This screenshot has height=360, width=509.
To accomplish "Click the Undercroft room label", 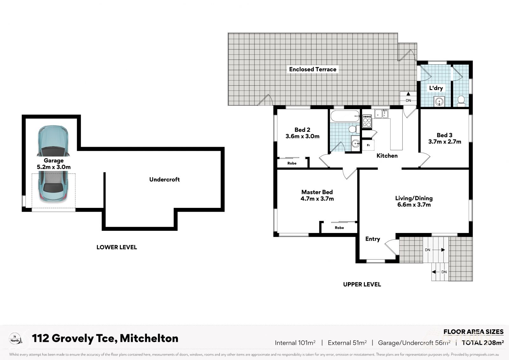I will pyautogui.click(x=164, y=180).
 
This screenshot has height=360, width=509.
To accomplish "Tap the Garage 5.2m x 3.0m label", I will pyautogui.click(x=54, y=164).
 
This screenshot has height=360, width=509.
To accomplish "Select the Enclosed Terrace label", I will pyautogui.click(x=312, y=69).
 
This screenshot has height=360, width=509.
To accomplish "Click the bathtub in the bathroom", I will pyautogui.click(x=345, y=116).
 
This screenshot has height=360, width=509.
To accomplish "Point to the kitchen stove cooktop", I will pyautogui.click(x=367, y=121).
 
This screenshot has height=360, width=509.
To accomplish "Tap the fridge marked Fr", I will pyautogui.click(x=368, y=145).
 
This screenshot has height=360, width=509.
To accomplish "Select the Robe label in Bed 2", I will pyautogui.click(x=292, y=163).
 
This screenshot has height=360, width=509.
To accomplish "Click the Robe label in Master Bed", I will pyautogui.click(x=339, y=228).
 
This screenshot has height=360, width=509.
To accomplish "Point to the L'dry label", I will pyautogui.click(x=436, y=88).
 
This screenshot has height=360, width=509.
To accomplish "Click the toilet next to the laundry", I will pyautogui.click(x=461, y=101).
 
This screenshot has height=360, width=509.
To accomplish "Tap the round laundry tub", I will pyautogui.click(x=439, y=102).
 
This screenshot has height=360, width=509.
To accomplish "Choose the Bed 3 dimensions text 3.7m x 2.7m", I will pyautogui.click(x=444, y=142).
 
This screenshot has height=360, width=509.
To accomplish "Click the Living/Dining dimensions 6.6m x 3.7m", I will pyautogui.click(x=414, y=205).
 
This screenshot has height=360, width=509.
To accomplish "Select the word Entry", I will pyautogui.click(x=373, y=239).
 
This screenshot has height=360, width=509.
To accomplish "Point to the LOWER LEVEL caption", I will pyautogui.click(x=117, y=247).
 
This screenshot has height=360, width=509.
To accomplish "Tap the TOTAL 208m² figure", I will pyautogui.click(x=483, y=343).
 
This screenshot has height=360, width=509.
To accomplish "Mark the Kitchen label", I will pyautogui.click(x=387, y=156).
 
